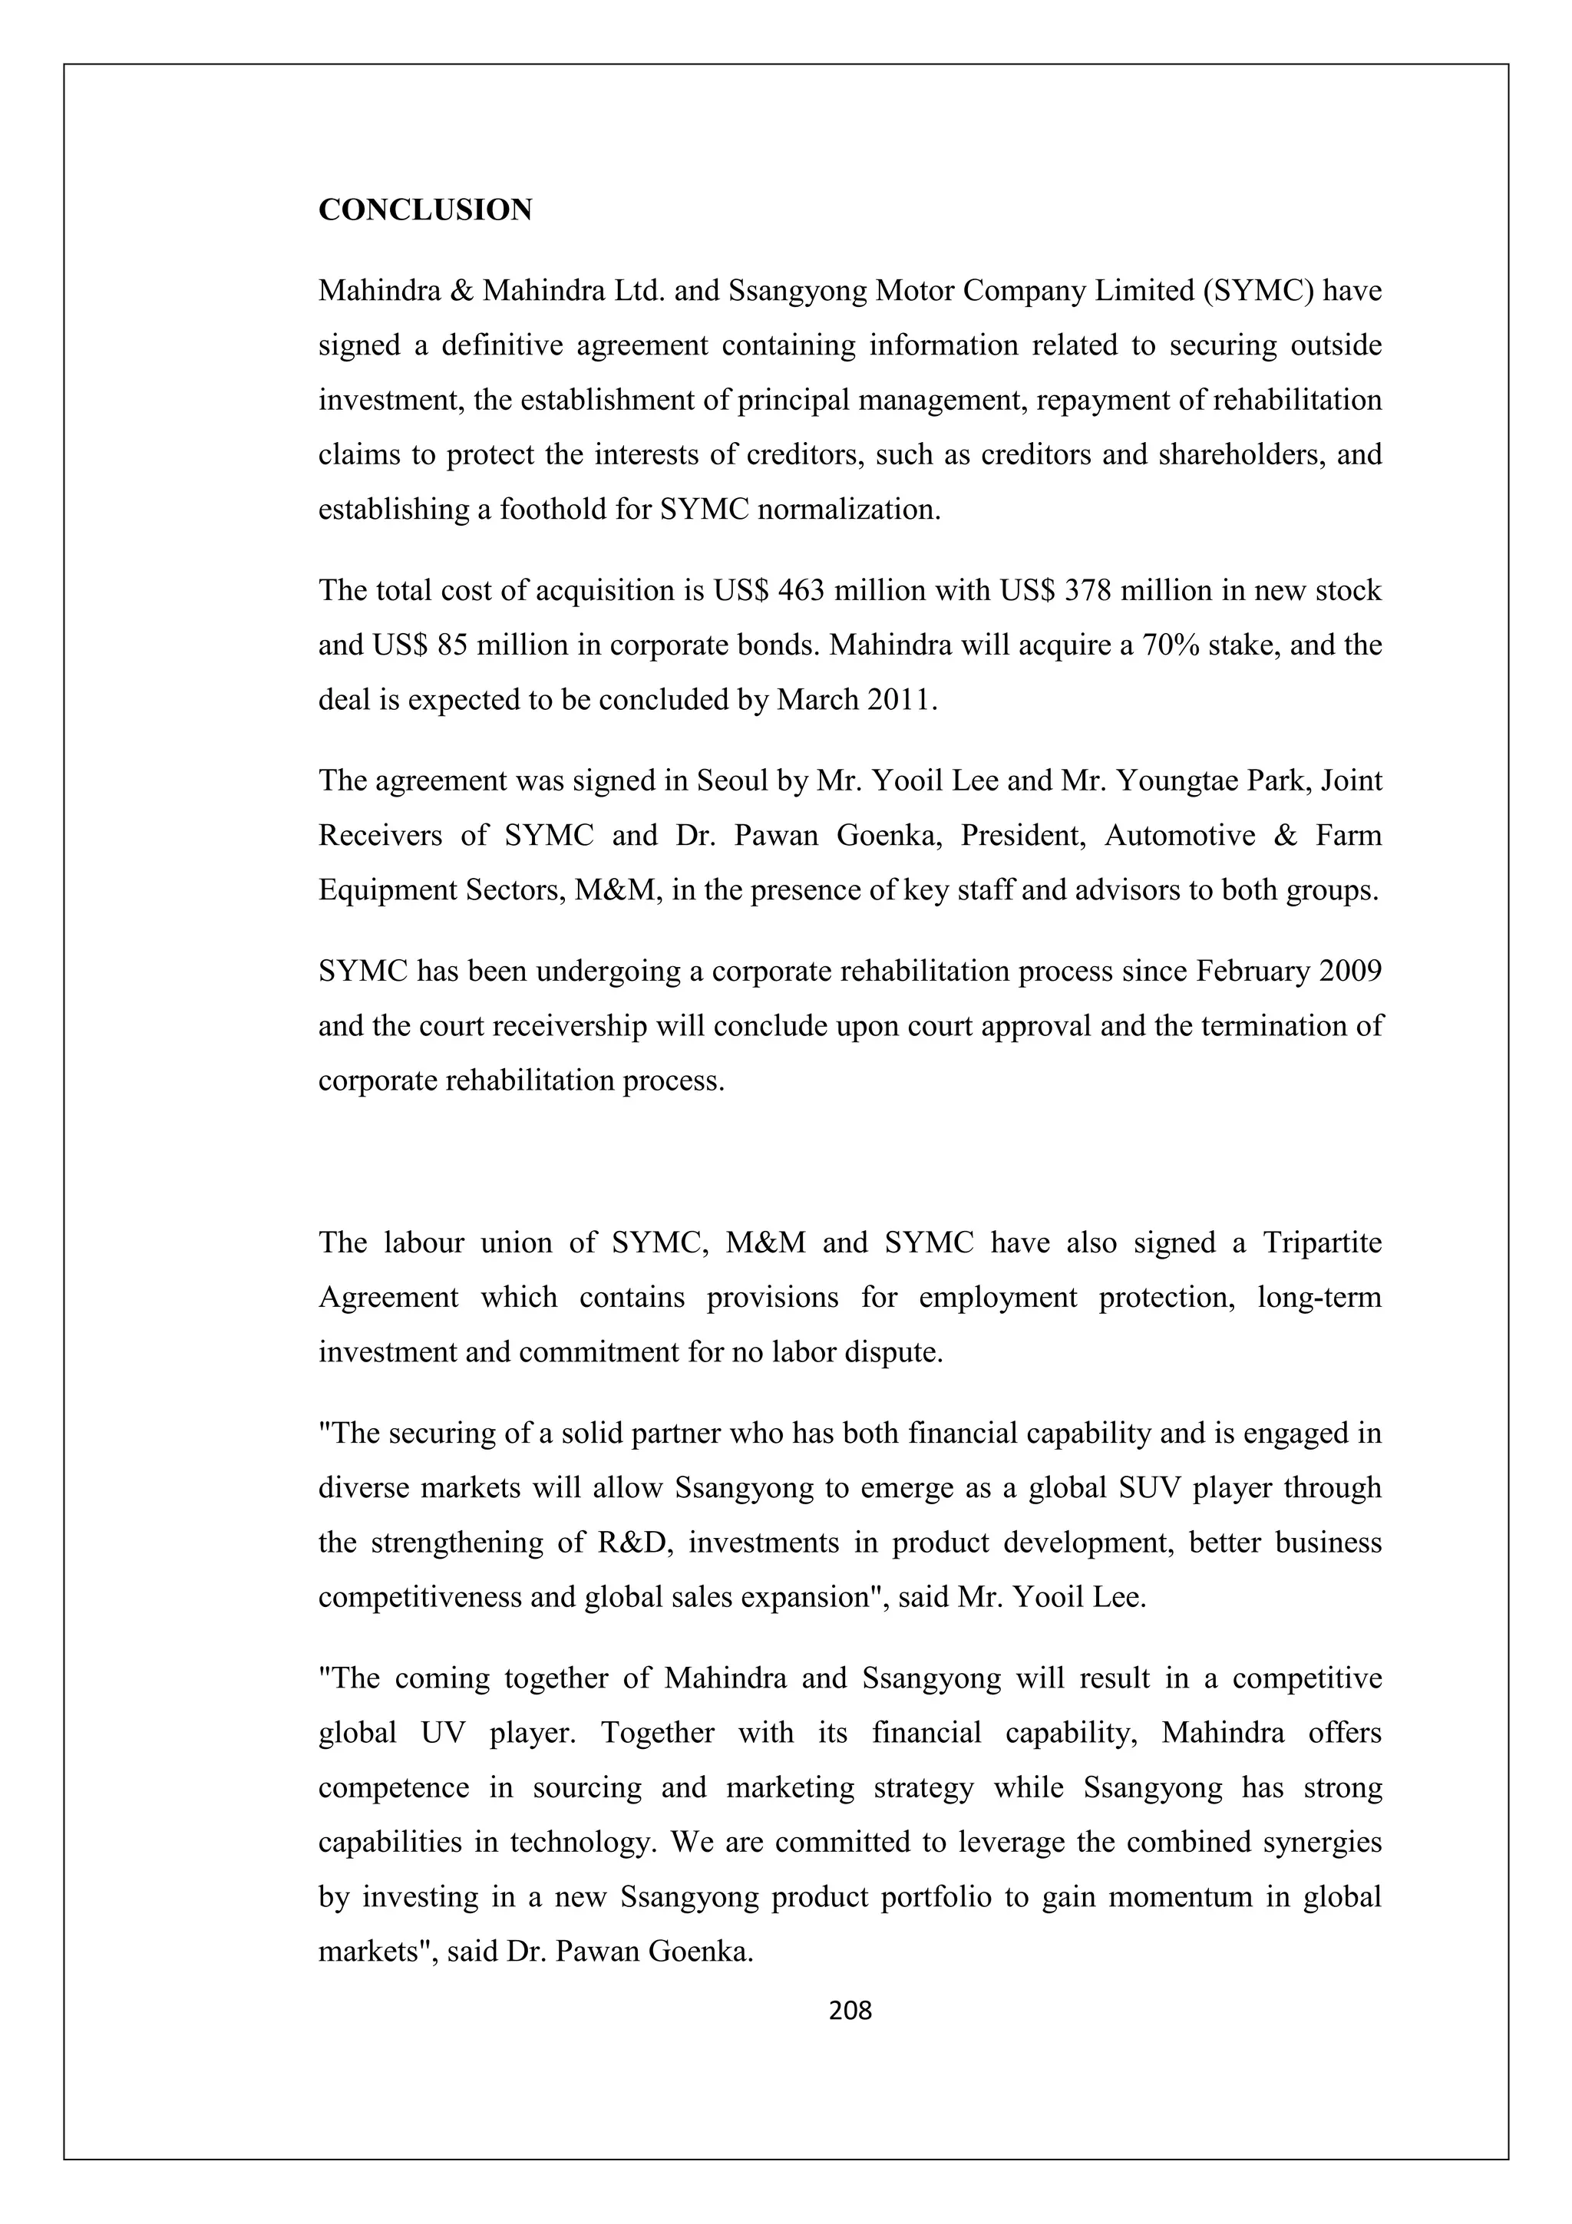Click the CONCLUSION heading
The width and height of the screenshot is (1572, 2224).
[425, 210]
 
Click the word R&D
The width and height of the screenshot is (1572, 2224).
[628, 1542]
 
